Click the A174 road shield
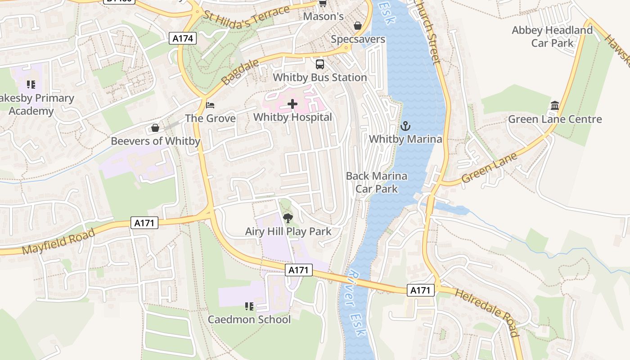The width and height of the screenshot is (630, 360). [183, 39]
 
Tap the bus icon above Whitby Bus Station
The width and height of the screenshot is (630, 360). [320, 64]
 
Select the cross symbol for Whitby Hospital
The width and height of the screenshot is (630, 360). [292, 104]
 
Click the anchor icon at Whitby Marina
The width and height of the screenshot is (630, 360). [405, 126]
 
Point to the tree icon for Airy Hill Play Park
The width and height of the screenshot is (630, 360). [288, 219]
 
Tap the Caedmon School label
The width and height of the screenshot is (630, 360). [249, 319]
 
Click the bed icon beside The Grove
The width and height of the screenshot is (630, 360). [210, 105]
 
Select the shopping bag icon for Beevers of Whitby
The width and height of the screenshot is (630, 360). [155, 128]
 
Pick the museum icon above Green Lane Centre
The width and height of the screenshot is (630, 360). [555, 106]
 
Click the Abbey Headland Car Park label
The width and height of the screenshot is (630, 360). [552, 36]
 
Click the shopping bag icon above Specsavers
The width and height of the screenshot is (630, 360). [358, 26]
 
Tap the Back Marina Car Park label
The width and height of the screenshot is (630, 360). [377, 182]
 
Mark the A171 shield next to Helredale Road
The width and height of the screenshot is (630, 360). [421, 290]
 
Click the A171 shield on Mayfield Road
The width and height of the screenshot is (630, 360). [145, 222]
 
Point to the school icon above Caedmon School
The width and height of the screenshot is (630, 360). [249, 306]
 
